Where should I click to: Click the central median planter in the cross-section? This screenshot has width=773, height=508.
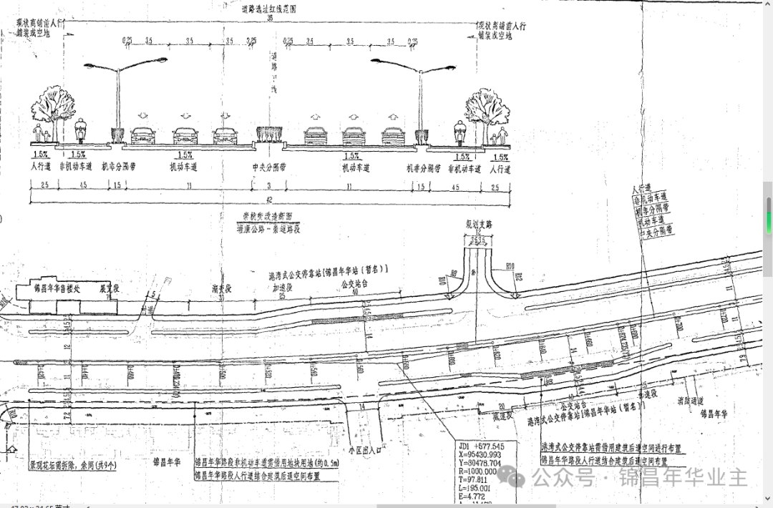[x=268, y=134]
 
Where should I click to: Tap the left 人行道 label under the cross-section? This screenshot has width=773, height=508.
[x=40, y=167]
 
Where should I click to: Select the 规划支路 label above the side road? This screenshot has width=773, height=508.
[x=479, y=224]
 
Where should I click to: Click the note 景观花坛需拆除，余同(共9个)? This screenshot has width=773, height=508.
[x=75, y=463]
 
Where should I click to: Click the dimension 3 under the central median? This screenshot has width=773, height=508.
[x=269, y=185]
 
